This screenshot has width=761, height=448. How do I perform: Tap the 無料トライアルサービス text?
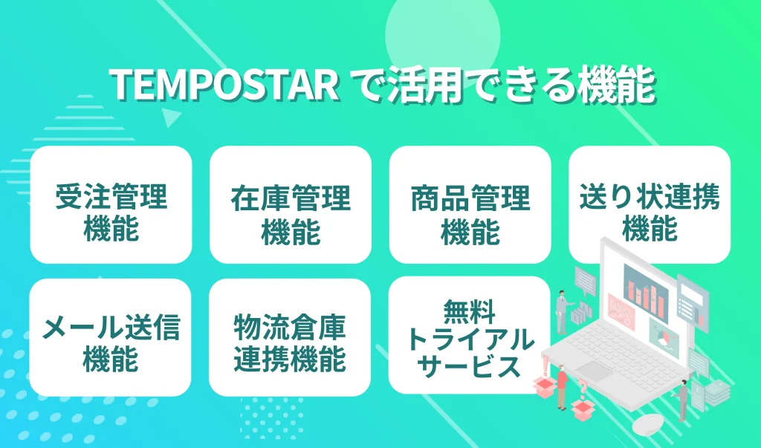click(470, 337)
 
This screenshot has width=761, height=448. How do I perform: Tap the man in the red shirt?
click(562, 385)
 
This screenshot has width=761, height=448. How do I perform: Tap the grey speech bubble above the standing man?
click(586, 279)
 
